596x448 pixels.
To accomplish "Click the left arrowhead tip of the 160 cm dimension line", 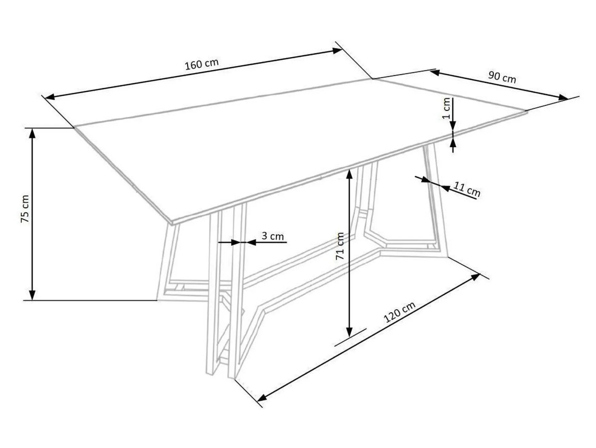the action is tap(45, 98).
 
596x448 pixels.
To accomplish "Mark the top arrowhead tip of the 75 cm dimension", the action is tap(32, 128).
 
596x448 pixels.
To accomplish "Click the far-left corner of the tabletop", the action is tap(74, 127).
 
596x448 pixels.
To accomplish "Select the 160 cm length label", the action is tap(202, 64).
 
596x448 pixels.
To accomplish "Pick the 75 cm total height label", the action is tap(25, 209).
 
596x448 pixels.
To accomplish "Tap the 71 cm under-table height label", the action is tap(340, 246).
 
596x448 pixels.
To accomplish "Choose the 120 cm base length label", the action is tap(399, 312).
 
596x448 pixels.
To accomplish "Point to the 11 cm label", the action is tap(467, 189).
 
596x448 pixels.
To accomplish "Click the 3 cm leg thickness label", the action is tap(273, 236).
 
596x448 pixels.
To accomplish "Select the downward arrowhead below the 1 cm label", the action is tap(453, 126).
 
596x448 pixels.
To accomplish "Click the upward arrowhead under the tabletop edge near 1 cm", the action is tap(453, 143).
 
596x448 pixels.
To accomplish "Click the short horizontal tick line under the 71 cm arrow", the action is tap(350, 337).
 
